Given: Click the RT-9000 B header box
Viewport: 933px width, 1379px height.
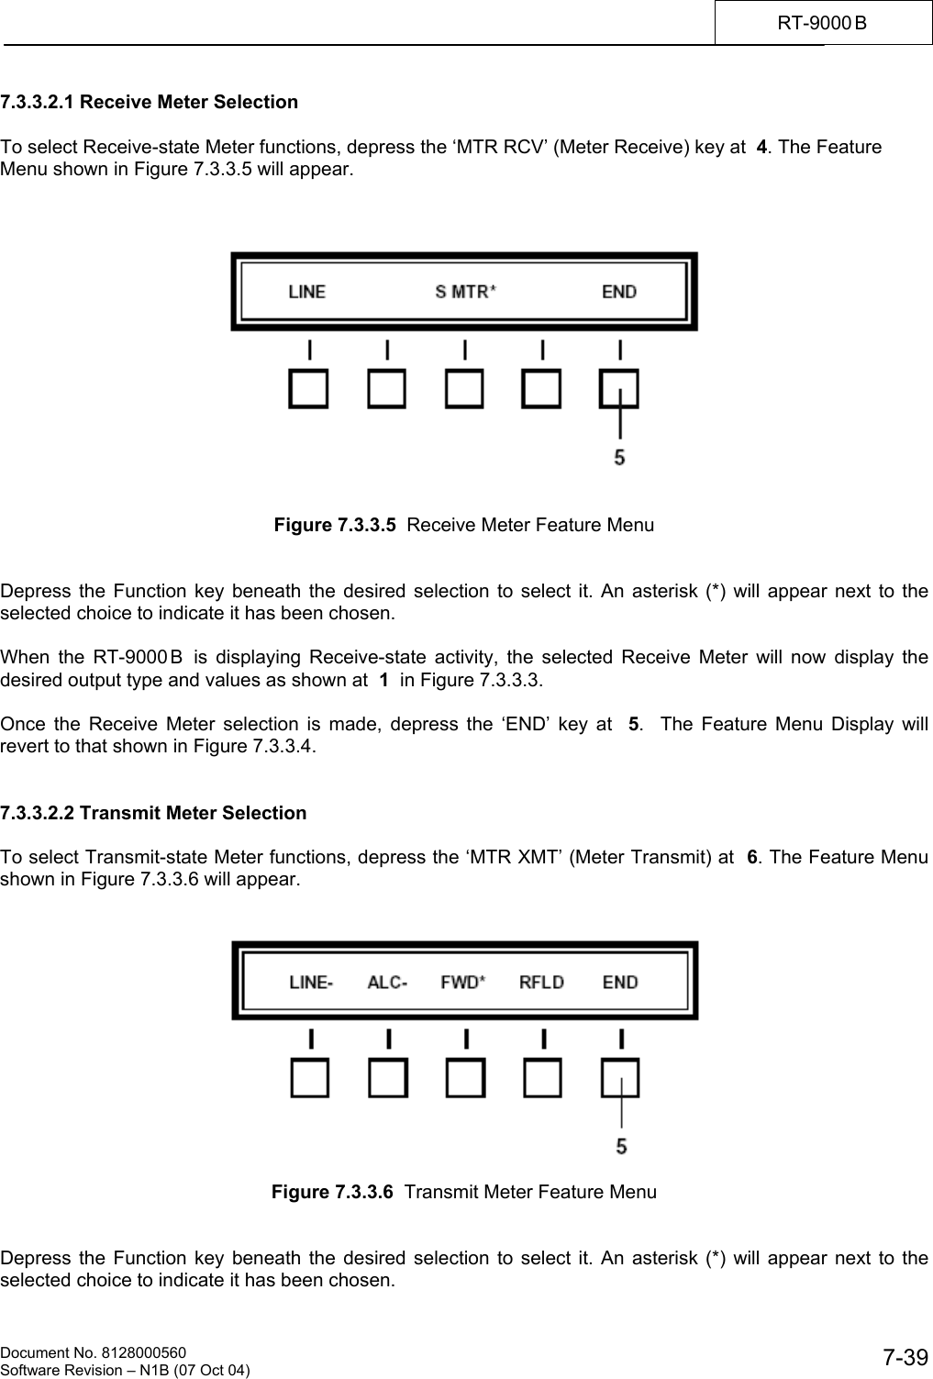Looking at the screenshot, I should pyautogui.click(x=823, y=22).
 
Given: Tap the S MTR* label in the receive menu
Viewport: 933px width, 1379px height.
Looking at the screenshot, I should pyautogui.click(x=465, y=292).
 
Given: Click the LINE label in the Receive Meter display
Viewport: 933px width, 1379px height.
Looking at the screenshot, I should pyautogui.click(x=306, y=292).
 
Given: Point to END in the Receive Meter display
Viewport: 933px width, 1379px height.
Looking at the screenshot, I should pyautogui.click(x=619, y=292).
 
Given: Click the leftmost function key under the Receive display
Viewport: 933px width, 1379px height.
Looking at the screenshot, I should pyautogui.click(x=309, y=389).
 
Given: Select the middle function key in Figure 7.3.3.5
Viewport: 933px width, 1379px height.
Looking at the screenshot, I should pyautogui.click(x=464, y=389).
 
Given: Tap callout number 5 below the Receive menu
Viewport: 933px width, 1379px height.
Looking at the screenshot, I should pyautogui.click(x=620, y=456).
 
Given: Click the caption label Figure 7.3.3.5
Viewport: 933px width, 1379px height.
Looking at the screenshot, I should pyautogui.click(x=336, y=526).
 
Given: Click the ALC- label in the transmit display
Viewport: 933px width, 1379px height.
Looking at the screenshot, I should pyautogui.click(x=387, y=983).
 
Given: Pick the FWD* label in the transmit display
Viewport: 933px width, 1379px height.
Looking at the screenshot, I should pyautogui.click(x=463, y=983).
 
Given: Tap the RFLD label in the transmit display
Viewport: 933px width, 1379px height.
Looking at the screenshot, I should pyautogui.click(x=541, y=983).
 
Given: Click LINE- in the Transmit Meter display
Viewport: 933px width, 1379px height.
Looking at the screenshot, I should pyautogui.click(x=311, y=983).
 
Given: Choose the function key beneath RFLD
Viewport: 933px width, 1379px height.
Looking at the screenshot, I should pyautogui.click(x=542, y=1079).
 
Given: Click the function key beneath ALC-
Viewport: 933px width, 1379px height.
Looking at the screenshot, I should pyautogui.click(x=388, y=1079).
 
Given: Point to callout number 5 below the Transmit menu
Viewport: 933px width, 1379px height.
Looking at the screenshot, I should pyautogui.click(x=621, y=1146).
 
